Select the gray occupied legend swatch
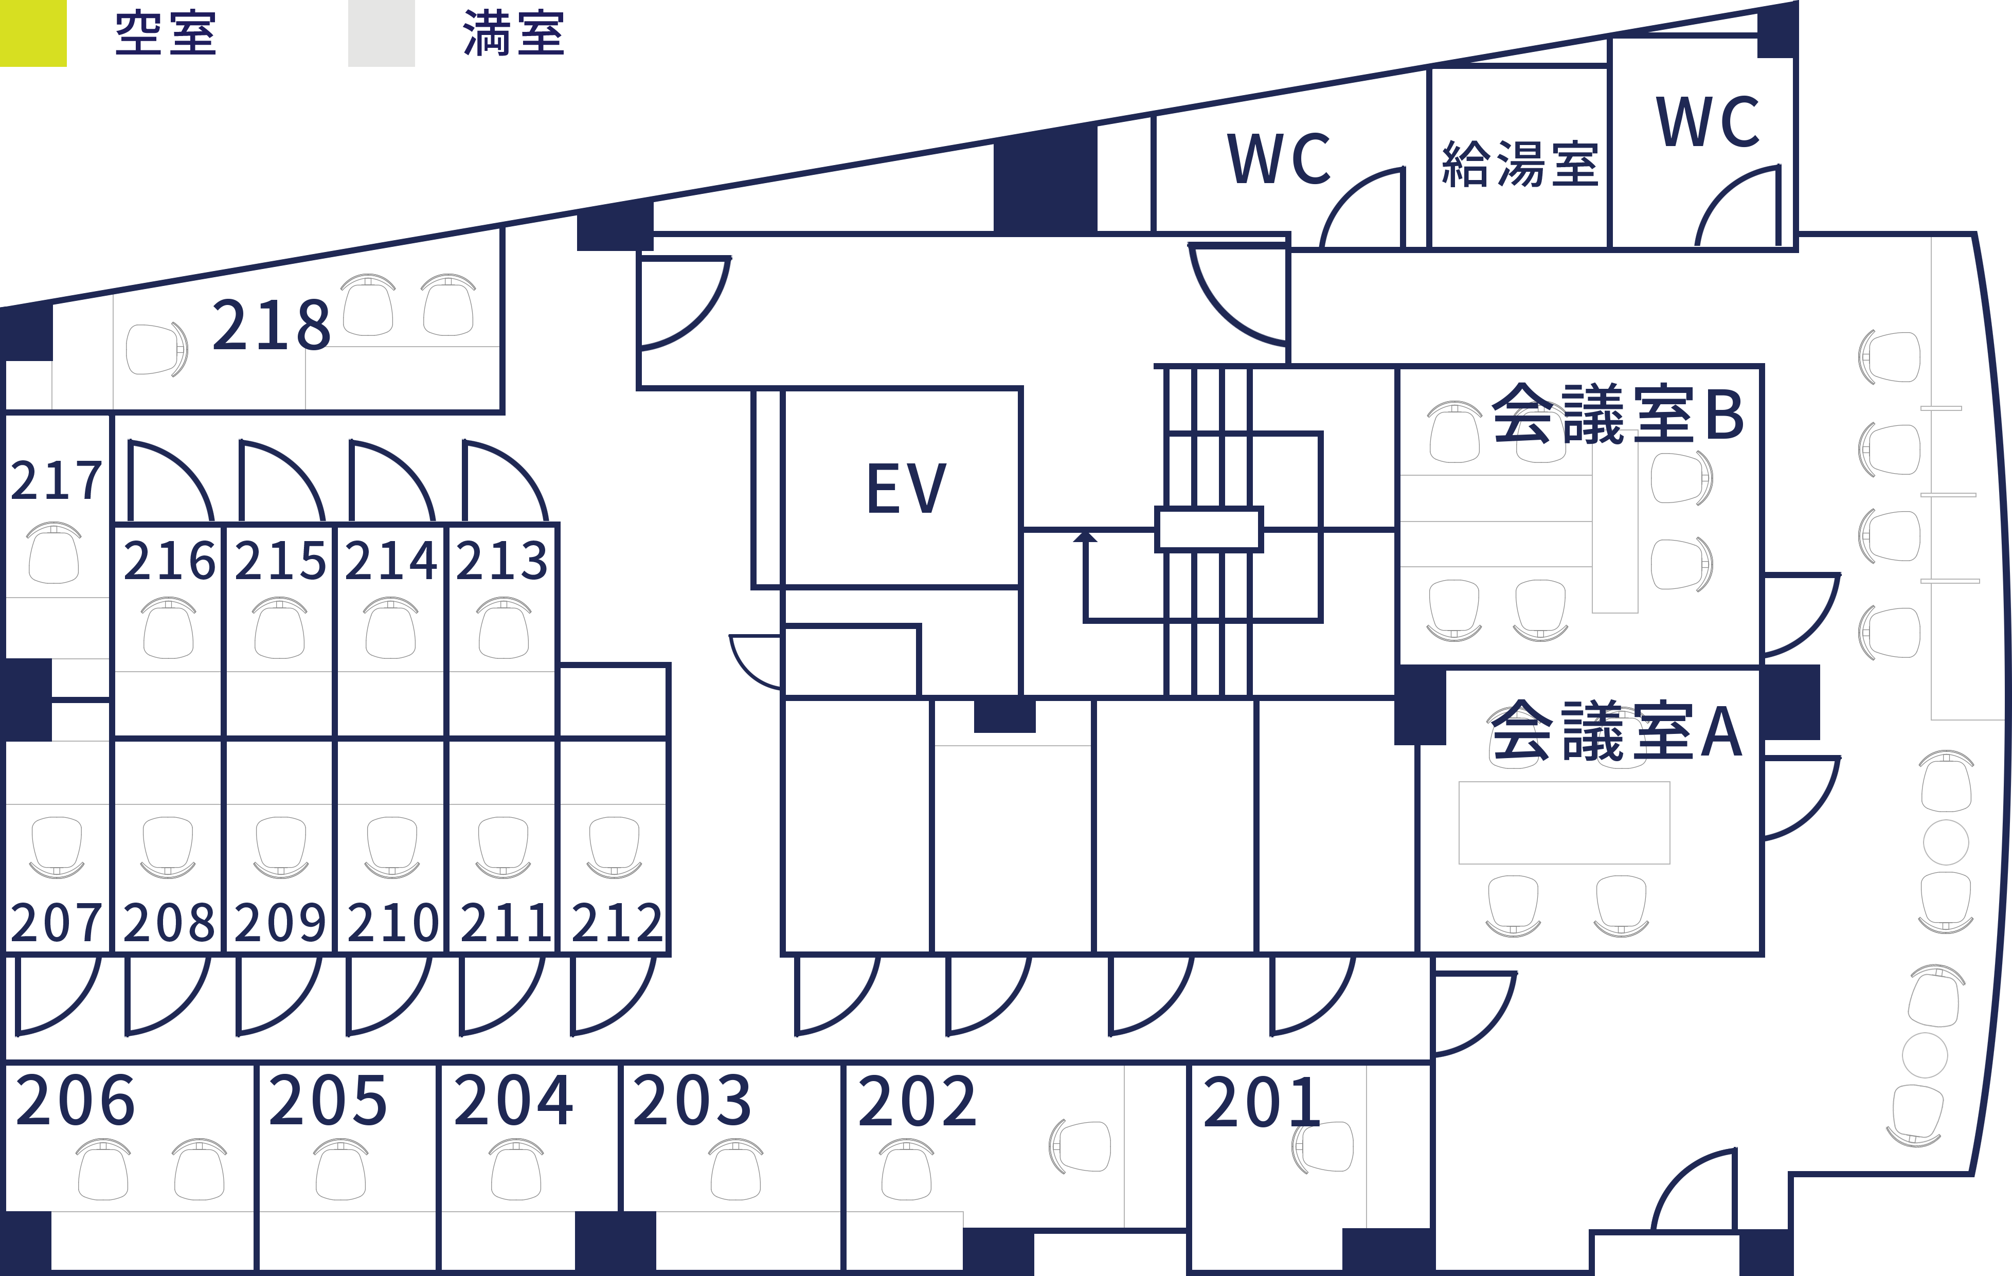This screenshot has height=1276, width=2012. pos(381,33)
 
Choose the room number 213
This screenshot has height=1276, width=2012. pos(502,560)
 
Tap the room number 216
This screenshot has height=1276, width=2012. pos(170,560)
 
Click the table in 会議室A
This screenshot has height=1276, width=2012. pos(1564,823)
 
